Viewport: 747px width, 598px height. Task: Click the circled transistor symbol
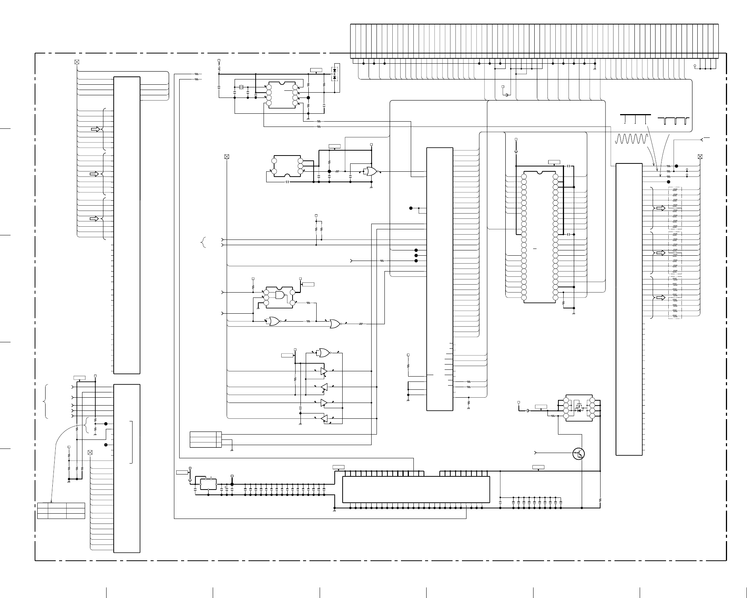(579, 454)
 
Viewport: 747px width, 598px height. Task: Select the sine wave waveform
(631, 139)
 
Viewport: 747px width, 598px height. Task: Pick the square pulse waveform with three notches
(674, 121)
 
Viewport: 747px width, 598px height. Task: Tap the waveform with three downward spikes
(635, 118)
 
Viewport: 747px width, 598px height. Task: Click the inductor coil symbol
(219, 69)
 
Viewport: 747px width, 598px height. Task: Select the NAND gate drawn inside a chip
(280, 295)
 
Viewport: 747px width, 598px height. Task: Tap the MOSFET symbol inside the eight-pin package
(578, 408)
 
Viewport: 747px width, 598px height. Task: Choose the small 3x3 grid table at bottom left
(61, 510)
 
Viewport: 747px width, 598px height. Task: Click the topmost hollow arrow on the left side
(96, 129)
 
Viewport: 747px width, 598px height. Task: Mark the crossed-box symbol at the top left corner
(77, 62)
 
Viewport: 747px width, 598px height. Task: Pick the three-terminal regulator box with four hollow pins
(208, 484)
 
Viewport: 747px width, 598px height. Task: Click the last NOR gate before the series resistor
(335, 323)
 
